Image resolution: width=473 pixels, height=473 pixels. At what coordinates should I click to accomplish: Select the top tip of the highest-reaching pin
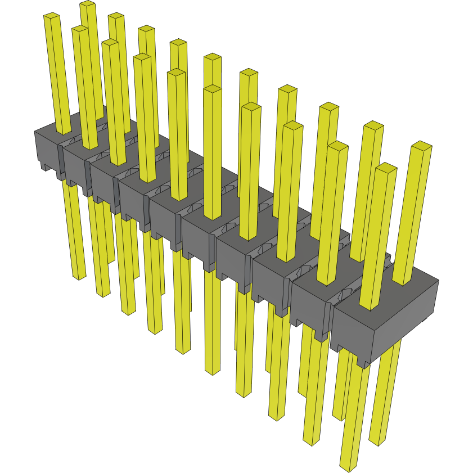(x=87, y=4)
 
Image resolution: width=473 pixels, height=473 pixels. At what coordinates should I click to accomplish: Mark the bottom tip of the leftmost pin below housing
(x=79, y=277)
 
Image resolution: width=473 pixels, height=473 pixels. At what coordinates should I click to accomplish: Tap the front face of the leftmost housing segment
(x=46, y=148)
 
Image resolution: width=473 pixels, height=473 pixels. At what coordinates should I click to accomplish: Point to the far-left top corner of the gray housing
(x=35, y=131)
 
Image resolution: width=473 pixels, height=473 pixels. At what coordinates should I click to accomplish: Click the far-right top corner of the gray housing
(x=438, y=281)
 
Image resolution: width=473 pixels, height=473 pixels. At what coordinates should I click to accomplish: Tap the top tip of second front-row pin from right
(x=338, y=146)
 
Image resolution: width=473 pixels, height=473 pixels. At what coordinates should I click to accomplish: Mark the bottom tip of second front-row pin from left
(x=103, y=294)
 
